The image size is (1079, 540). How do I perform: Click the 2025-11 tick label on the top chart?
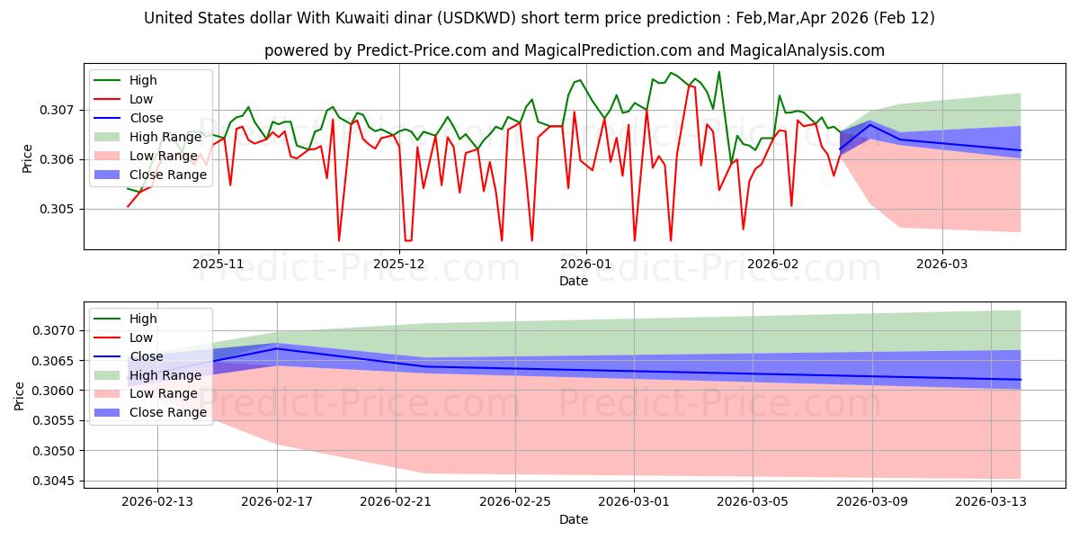[x=218, y=265]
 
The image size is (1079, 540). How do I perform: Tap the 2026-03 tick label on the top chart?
[x=942, y=265]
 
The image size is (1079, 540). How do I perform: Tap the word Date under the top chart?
[x=574, y=281]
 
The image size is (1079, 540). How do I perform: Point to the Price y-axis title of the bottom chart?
[x=20, y=396]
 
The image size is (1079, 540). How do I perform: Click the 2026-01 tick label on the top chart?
[x=586, y=265]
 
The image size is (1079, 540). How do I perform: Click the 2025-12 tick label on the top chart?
[x=400, y=265]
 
